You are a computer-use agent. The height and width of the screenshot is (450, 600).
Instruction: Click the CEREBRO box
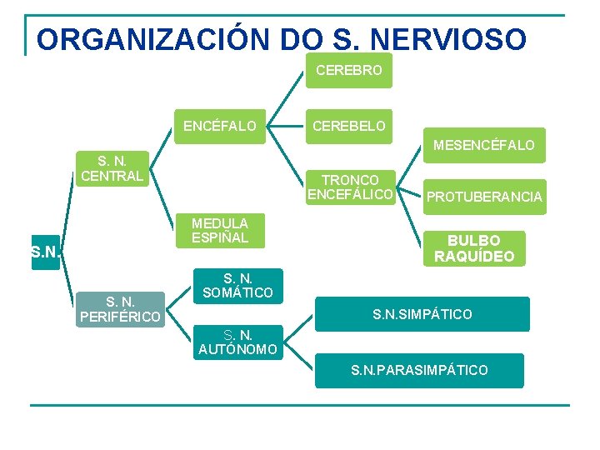click(x=349, y=71)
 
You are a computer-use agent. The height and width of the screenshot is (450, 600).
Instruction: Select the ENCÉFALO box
click(x=220, y=127)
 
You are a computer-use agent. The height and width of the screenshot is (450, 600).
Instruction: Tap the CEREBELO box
click(x=349, y=127)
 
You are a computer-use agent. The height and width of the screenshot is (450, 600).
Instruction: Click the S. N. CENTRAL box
click(x=112, y=168)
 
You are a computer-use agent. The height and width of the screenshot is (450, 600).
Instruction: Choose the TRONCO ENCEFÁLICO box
click(x=350, y=187)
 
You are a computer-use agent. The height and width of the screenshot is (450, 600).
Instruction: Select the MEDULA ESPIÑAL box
click(x=220, y=231)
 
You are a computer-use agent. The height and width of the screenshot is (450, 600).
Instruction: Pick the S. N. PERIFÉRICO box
click(x=120, y=309)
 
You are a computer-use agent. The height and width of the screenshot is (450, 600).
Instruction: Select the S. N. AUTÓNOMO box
click(x=238, y=342)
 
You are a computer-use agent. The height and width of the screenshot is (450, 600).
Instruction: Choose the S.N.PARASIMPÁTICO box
click(x=419, y=370)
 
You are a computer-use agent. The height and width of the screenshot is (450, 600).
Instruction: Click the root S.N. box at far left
click(x=44, y=250)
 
